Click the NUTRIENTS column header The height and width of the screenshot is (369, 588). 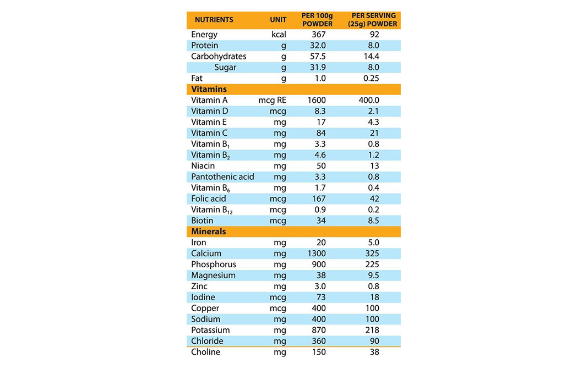214,20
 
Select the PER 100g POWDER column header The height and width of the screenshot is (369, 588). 318,20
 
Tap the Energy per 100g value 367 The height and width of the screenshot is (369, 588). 319,35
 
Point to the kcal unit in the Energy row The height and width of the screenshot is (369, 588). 279,35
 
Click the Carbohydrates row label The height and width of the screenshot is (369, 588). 219,57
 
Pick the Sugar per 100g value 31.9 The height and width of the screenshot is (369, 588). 319,68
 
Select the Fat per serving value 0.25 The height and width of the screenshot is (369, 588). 374,79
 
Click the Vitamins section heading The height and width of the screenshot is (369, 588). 209,89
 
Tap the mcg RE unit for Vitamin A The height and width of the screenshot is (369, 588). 273,101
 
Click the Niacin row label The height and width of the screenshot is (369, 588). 203,166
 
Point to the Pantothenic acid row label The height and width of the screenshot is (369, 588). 222,177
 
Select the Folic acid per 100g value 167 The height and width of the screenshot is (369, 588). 319,199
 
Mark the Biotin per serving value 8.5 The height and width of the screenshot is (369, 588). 374,221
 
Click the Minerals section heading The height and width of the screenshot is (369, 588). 209,232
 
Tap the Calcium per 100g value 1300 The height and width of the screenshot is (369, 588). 318,254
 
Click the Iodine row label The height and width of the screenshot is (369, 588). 203,298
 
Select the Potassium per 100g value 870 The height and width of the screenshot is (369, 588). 319,331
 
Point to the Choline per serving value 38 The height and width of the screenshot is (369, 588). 374,353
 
